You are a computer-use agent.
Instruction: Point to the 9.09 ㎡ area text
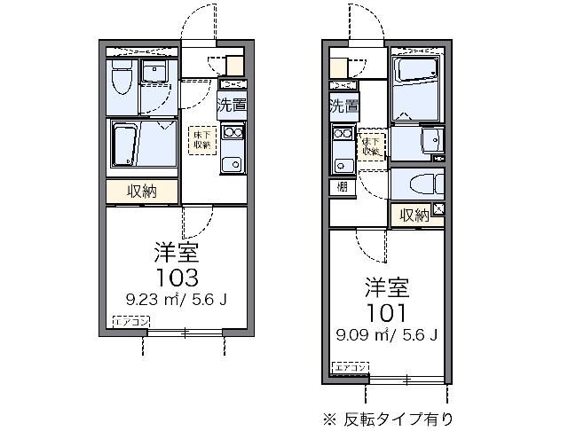tap(360, 334)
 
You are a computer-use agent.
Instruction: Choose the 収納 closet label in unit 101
tap(414, 214)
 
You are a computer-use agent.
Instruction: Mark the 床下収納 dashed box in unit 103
tap(201, 139)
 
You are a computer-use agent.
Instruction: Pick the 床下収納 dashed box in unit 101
tap(371, 146)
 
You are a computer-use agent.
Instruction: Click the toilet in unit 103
tap(123, 81)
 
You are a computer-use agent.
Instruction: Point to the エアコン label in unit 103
tap(130, 321)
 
